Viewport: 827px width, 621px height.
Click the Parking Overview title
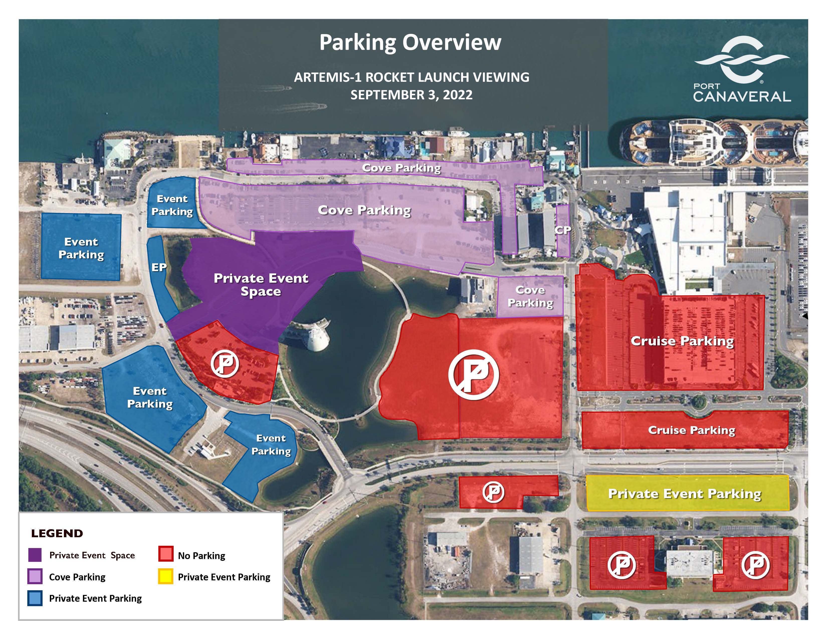pos(410,42)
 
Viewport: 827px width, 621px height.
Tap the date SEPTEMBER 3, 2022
pos(411,95)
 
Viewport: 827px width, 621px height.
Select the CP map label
pos(563,230)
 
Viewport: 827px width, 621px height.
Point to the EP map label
pos(159,267)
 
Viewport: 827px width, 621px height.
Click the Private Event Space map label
pos(261,285)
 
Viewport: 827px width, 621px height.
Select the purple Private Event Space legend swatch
pos(35,555)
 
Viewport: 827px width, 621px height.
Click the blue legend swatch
pos(35,598)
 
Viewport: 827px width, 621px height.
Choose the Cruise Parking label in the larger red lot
pos(682,341)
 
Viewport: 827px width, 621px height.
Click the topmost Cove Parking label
pos(401,168)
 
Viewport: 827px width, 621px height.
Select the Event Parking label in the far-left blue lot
pos(81,248)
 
